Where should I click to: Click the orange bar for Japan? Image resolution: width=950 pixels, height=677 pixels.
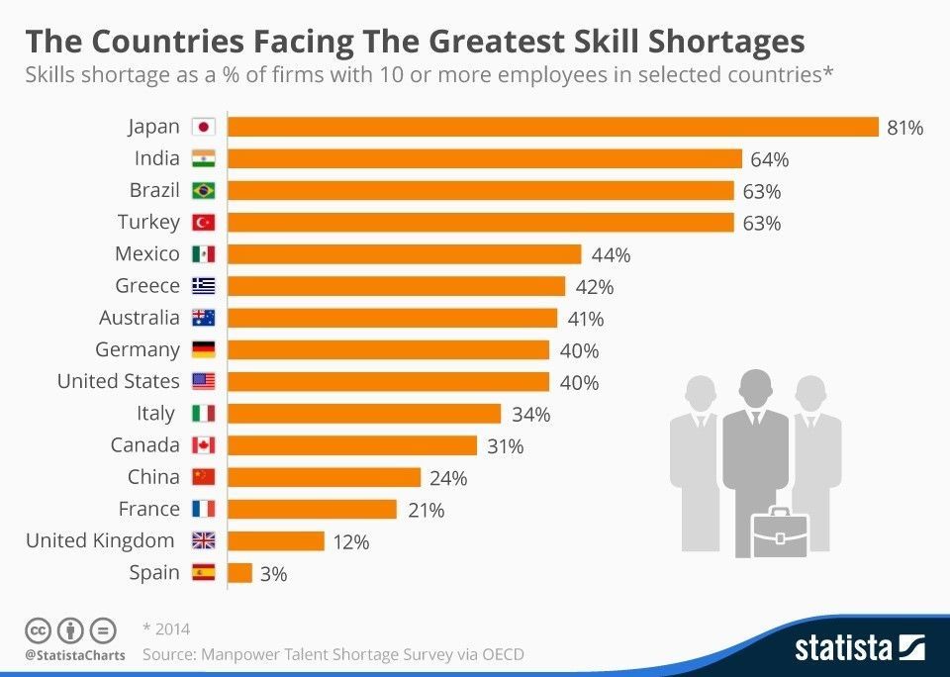coord(553,127)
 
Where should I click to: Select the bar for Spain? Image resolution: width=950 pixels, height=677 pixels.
coord(240,573)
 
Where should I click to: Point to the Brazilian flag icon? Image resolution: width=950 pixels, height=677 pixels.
coord(203,191)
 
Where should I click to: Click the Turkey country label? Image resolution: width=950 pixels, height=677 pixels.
coord(148,222)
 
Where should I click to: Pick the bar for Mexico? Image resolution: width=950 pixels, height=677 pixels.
coord(405,254)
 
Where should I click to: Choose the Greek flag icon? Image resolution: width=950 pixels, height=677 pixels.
coord(203,286)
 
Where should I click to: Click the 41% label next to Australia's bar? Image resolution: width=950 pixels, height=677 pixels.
coord(585,319)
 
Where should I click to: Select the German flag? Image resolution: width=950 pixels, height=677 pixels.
coord(203,349)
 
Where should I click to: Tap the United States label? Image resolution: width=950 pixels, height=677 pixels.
coord(118,381)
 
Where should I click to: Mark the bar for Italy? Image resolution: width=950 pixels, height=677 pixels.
coord(365,414)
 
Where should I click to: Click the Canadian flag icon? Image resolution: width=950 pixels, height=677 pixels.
coord(203,445)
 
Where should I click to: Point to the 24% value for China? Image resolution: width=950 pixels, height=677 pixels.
coord(448,478)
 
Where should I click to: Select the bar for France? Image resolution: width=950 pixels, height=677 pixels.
coord(313,510)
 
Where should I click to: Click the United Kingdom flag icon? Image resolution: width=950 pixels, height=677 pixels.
coord(203,541)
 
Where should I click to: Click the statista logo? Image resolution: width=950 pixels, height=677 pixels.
coord(858,648)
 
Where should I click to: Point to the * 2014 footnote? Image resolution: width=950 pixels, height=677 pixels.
coord(166,629)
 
